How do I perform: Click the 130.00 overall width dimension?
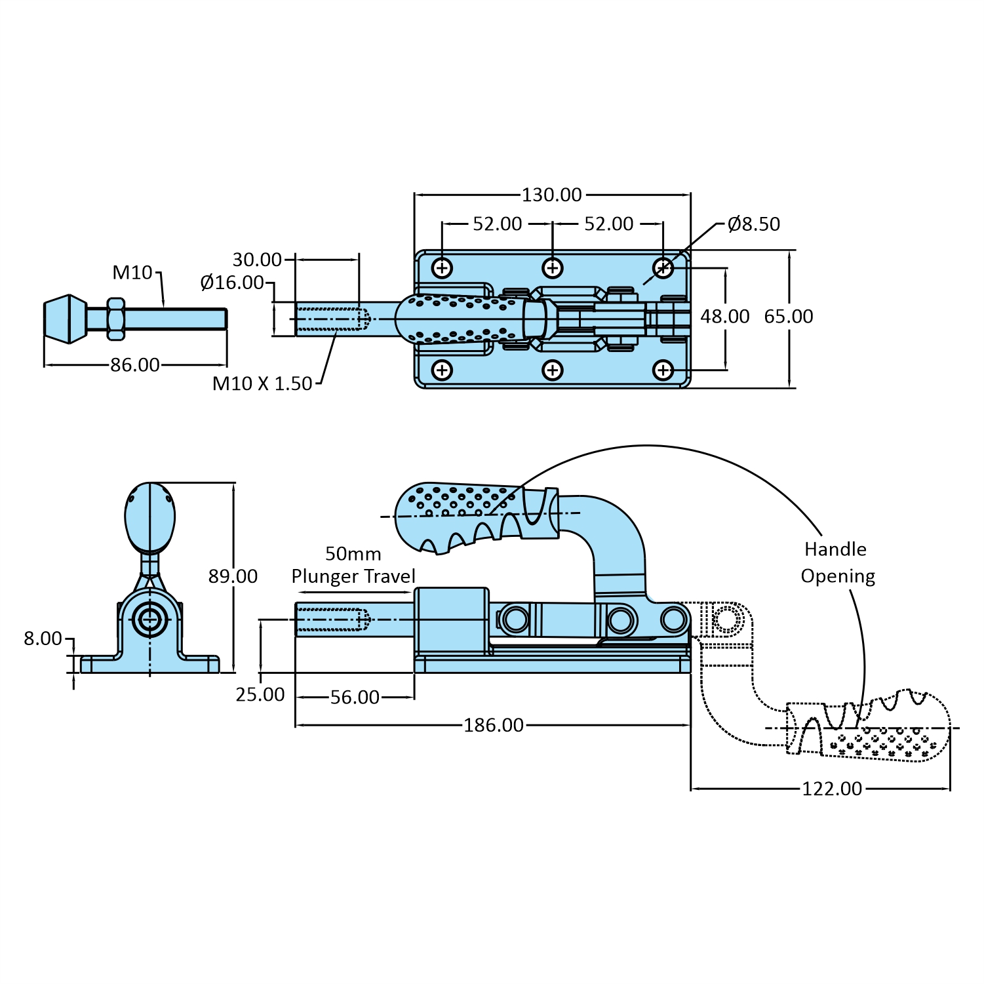551,195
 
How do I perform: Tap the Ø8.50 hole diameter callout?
754,224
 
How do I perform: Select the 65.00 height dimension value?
789,317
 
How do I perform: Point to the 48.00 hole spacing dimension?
725,317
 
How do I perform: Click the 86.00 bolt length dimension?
135,364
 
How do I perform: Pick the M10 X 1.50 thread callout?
262,384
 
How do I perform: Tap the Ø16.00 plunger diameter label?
232,283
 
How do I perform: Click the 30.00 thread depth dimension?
257,260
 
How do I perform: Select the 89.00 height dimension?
233,576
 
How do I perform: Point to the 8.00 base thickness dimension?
43,639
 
